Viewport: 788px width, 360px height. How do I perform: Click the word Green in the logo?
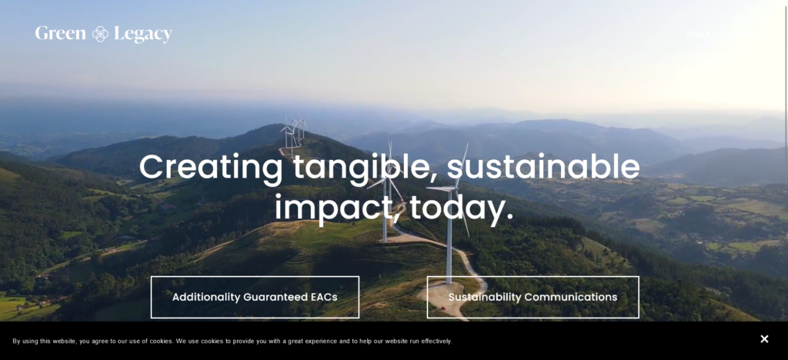pos(60,34)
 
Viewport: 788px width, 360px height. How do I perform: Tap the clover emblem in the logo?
pos(100,34)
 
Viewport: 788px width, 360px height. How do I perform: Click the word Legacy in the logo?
pos(143,34)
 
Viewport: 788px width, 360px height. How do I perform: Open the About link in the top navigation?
pos(697,34)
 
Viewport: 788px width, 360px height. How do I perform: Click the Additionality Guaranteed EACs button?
pos(255,297)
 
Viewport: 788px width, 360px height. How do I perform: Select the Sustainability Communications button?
pos(533,297)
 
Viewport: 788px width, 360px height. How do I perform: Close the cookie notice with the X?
pos(764,339)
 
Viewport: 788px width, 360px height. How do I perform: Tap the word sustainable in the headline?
pos(543,167)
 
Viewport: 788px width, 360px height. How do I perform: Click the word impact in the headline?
pos(335,208)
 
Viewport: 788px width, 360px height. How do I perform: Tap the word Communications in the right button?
pos(570,297)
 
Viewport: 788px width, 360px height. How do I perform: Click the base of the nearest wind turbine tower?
pos(448,282)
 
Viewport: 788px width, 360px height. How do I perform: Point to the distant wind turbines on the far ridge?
pos(292,132)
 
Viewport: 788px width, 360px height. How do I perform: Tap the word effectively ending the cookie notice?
pos(433,341)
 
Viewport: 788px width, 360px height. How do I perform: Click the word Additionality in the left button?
pos(205,297)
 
